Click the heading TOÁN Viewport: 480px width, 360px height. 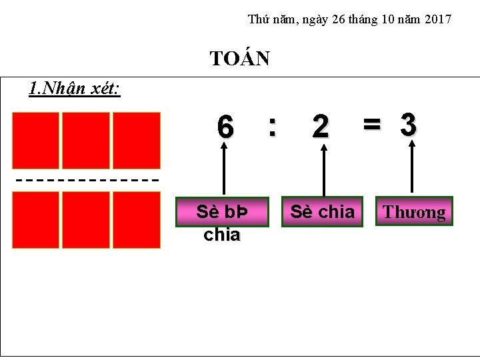pos(239,59)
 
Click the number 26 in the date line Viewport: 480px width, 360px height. pos(338,19)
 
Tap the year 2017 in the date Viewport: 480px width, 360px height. pos(437,19)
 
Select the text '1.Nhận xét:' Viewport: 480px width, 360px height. pos(75,88)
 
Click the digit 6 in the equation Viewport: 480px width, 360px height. pos(225,127)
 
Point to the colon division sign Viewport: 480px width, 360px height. pos(271,125)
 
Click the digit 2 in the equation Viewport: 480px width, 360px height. pos(321,127)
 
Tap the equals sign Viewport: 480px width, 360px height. pos(371,123)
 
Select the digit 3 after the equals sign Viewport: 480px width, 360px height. pos(409,124)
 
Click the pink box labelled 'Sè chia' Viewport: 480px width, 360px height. pos(322,212)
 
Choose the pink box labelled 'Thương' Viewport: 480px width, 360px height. pos(413,212)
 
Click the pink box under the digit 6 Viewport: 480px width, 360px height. pos(222,212)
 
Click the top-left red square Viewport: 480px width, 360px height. pos(35,141)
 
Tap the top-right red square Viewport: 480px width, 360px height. pos(137,141)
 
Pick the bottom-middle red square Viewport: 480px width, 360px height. pos(86,220)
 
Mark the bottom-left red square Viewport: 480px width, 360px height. pos(35,220)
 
